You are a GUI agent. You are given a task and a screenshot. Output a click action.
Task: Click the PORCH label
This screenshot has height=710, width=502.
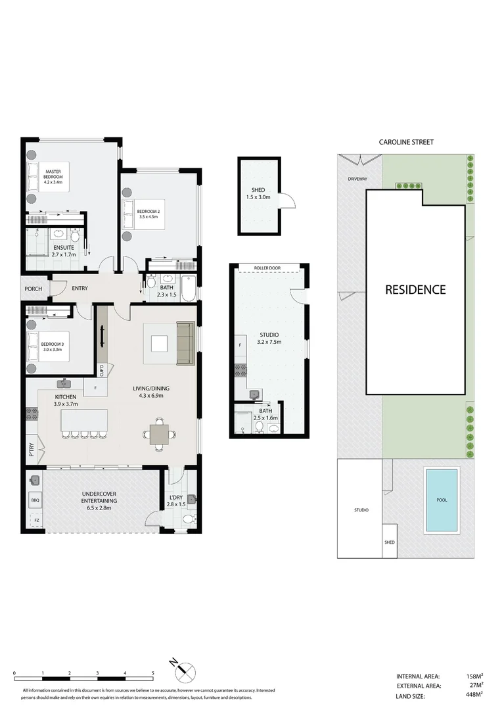point(33,289)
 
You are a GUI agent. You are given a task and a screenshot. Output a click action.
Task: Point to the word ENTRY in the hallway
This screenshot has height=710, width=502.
point(80,289)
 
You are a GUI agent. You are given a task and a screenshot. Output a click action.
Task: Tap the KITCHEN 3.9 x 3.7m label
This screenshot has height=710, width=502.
point(66,401)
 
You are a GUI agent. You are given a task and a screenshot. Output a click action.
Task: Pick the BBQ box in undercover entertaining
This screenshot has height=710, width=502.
point(35,500)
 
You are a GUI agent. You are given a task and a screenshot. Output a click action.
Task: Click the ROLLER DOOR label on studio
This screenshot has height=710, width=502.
point(268,268)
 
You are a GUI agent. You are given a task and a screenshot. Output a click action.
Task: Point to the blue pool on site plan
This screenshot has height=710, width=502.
point(442,500)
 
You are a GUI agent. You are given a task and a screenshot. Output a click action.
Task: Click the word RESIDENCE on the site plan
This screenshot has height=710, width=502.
point(415,289)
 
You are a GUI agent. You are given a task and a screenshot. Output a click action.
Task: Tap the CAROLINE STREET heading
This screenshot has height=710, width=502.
point(406,142)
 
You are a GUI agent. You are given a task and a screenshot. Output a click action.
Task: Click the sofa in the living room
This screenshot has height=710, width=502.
point(185,344)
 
